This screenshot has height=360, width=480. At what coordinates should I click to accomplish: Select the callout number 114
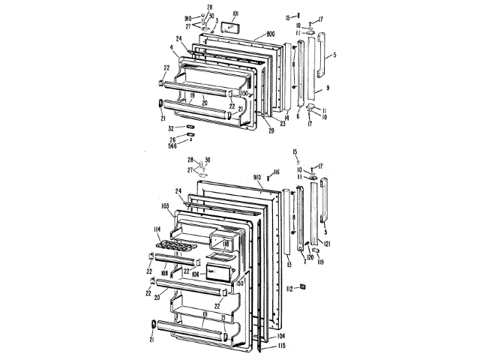158,229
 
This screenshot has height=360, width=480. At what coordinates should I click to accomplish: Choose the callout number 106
193,274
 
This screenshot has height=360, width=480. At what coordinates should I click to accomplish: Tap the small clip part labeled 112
304,286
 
